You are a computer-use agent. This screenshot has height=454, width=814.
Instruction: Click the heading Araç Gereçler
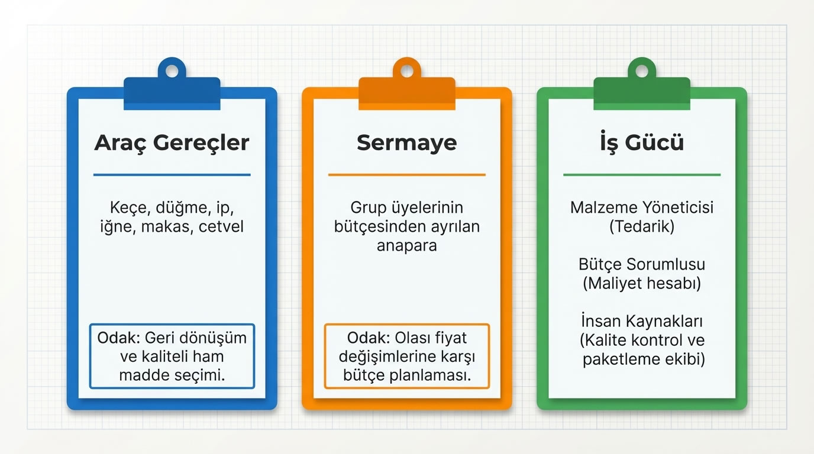[172, 143]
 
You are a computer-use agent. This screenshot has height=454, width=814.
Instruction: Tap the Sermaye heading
[406, 143]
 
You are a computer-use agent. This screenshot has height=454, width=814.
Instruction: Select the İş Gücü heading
[642, 143]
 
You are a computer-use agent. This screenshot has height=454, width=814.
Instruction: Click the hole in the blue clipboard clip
[172, 72]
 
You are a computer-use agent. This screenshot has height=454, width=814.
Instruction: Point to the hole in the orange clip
[406, 72]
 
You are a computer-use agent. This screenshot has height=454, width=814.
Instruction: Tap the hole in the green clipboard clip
[642, 72]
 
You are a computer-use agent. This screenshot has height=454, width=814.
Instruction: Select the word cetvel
[221, 227]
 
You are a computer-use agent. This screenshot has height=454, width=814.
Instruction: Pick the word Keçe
[128, 208]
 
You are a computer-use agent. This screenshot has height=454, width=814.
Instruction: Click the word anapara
[406, 246]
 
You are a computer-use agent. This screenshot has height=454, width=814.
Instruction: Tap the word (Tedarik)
[642, 227]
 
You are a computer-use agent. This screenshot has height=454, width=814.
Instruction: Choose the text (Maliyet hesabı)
[642, 284]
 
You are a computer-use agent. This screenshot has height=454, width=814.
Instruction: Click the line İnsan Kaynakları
[642, 322]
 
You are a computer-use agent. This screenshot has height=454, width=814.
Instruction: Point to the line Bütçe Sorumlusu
[642, 265]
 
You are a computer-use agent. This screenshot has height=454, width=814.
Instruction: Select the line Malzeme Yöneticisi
[642, 208]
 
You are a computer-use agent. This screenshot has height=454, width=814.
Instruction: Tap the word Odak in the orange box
[367, 338]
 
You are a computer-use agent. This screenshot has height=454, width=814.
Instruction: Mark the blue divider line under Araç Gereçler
[172, 175]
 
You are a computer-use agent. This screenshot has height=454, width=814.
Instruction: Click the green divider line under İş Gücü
[642, 175]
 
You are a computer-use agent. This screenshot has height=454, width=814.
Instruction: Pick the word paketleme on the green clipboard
[616, 359]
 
